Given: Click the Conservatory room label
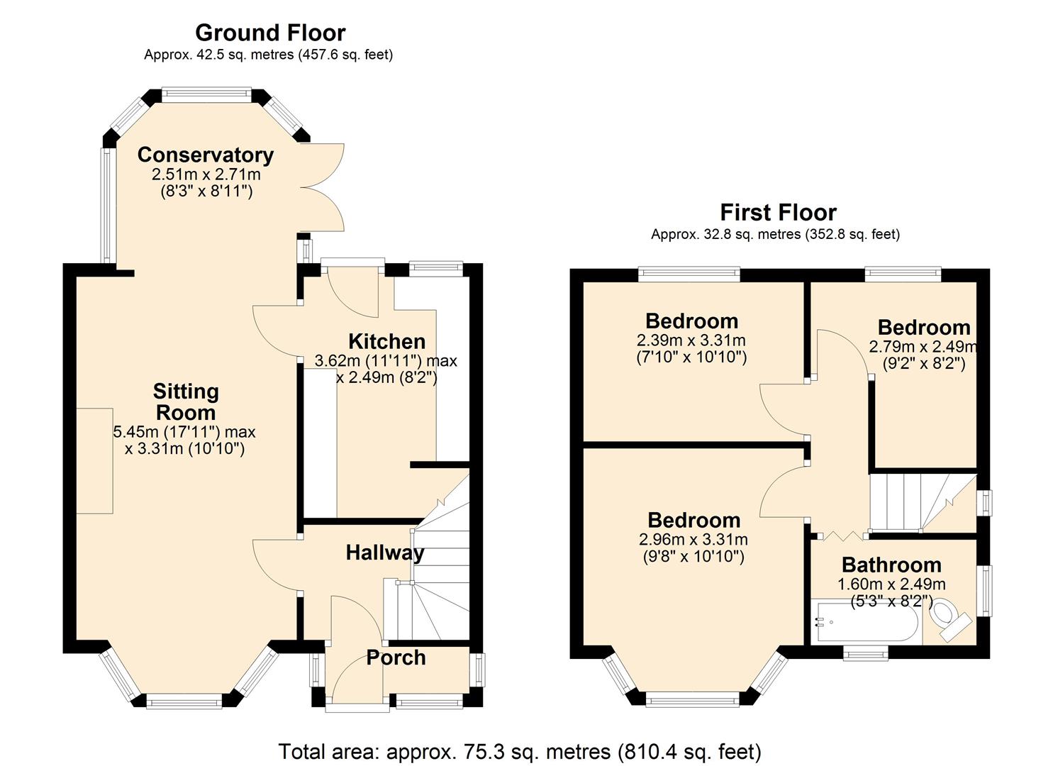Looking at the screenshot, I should point(206,155).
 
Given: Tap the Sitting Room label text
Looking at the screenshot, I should point(186,401).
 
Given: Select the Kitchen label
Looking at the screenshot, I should point(386,341).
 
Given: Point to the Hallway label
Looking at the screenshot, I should point(384,553).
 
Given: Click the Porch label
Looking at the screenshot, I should point(396,657).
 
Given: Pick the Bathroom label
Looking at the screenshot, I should point(891,565).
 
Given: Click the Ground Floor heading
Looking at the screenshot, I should point(270,33).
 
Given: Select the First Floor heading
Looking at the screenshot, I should point(778,212).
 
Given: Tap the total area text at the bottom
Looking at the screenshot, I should point(520,751).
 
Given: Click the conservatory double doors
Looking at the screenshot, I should point(323,188).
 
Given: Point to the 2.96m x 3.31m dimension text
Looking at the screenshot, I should point(693,540).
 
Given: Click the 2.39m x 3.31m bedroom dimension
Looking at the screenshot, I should point(691,340).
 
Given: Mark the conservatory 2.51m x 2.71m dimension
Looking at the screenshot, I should point(206,174).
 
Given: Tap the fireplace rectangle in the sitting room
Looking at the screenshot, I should point(94,460).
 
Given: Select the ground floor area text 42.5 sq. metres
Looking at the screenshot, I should point(268,55).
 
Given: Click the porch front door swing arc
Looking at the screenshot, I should point(355,681).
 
